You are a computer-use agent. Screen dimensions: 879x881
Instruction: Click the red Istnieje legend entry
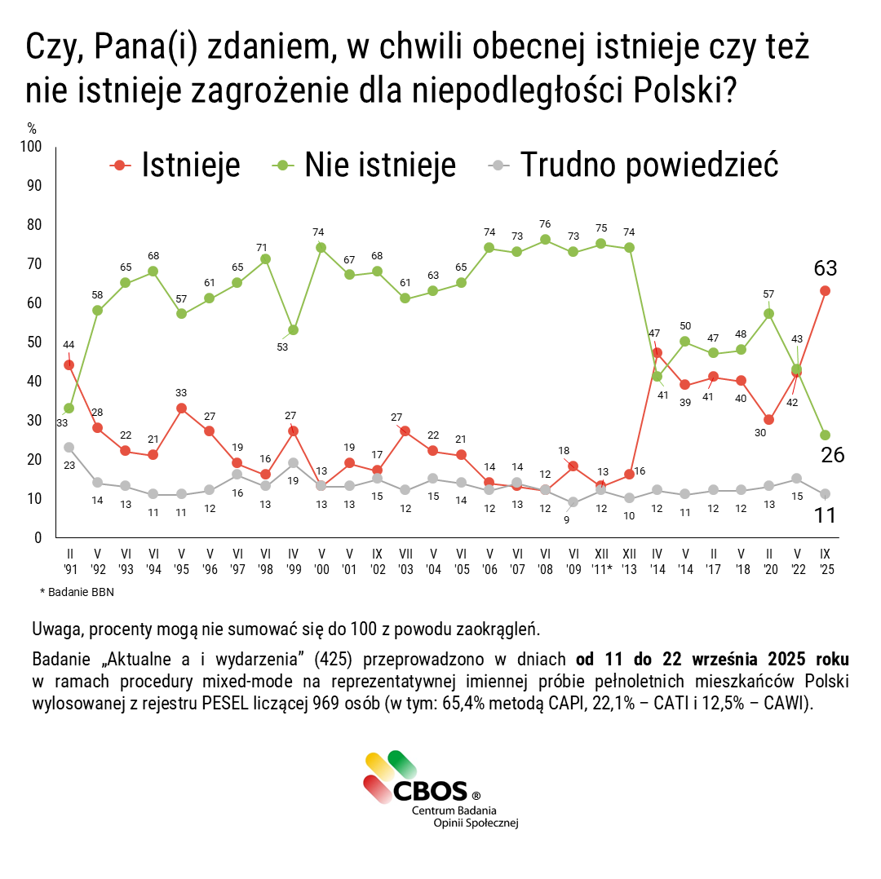pos(175,165)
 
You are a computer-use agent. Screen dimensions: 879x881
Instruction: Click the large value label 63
pos(825,268)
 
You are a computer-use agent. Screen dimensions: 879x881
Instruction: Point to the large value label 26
pos(832,455)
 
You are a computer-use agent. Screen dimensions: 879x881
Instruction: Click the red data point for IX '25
pos(825,291)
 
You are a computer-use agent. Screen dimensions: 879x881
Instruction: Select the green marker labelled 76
pos(545,240)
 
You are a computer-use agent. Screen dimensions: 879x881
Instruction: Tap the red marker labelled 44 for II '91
pos(69,364)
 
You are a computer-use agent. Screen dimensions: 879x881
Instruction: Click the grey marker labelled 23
pos(69,447)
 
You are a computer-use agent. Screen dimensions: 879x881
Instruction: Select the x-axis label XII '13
pos(629,560)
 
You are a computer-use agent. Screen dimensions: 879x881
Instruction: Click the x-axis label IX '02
pos(377,560)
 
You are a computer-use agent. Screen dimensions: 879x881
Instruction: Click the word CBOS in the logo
pos(430,790)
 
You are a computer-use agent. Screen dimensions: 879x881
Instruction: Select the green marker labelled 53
pos(293,330)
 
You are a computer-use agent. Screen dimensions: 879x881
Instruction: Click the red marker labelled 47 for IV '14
pos(657,353)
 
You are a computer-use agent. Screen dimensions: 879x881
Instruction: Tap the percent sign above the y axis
pos(32,128)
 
